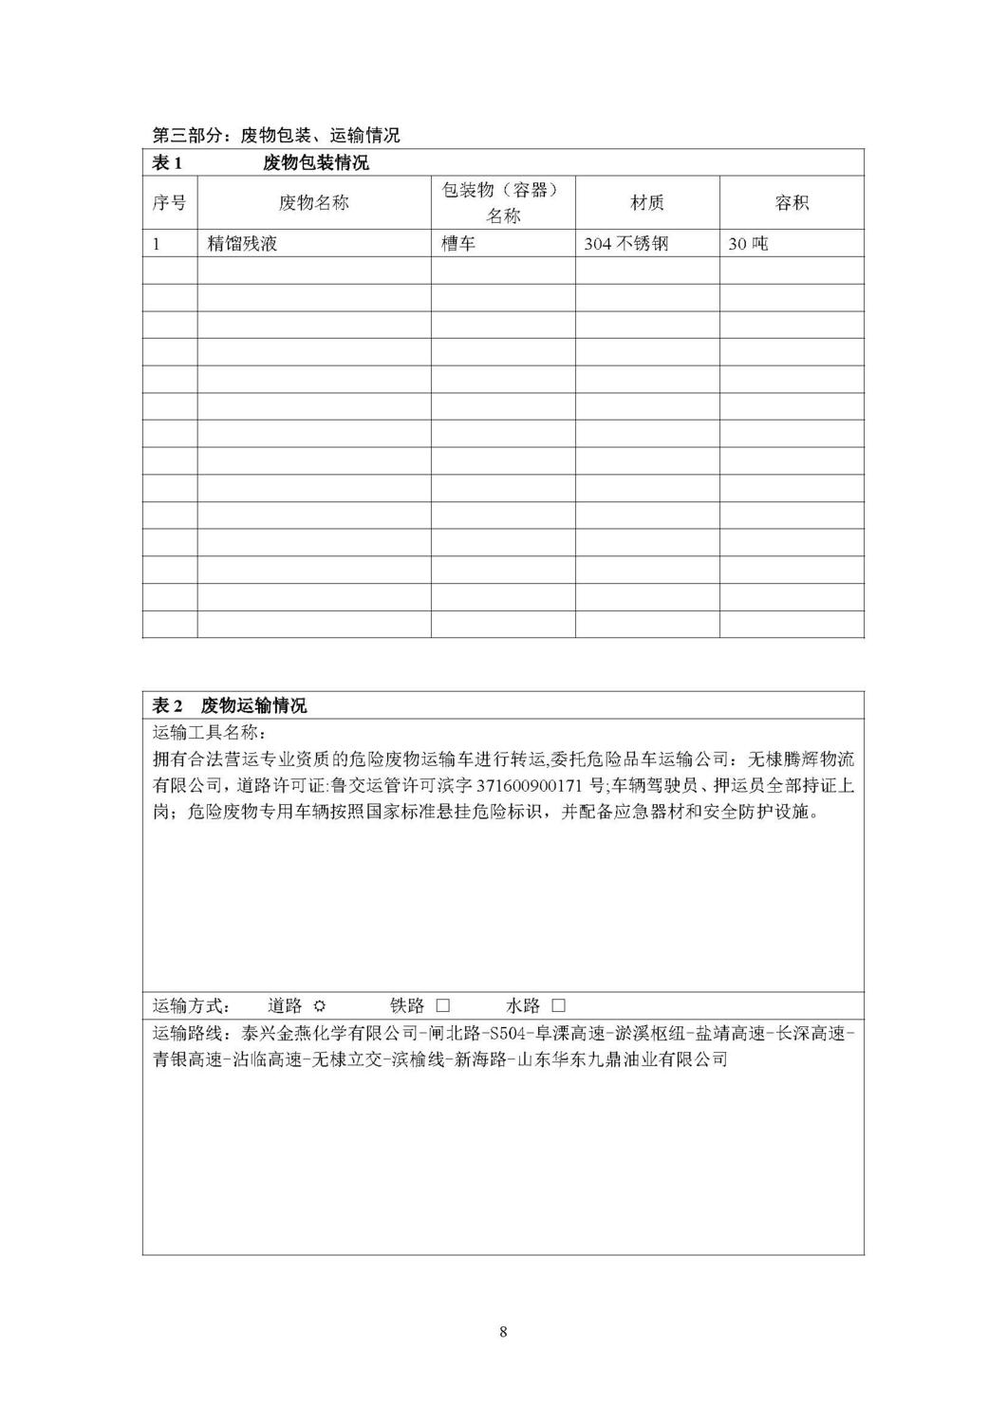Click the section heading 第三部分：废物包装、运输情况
click(x=276, y=135)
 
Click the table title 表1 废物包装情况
click(x=261, y=163)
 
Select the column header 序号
click(x=170, y=202)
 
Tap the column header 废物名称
click(x=314, y=202)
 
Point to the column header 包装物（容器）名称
click(x=503, y=202)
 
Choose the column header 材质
click(x=647, y=202)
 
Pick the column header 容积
click(x=792, y=202)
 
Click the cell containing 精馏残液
click(x=242, y=244)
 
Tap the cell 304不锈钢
click(x=626, y=244)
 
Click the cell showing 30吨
click(x=748, y=244)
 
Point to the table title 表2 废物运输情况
click(x=230, y=706)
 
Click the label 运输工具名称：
click(x=204, y=734)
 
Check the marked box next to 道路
click(x=320, y=1005)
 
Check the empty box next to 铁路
click(x=441, y=1005)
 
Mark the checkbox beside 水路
click(x=558, y=1005)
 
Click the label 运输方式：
click(x=192, y=1005)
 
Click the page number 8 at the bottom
click(x=503, y=1331)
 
